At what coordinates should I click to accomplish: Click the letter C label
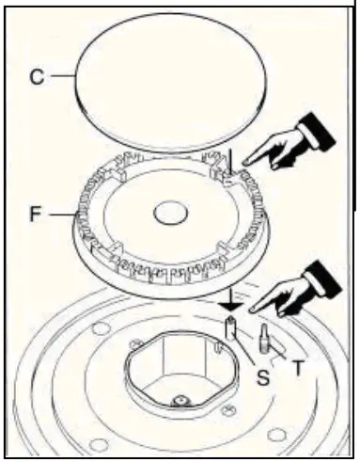click(x=37, y=76)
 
